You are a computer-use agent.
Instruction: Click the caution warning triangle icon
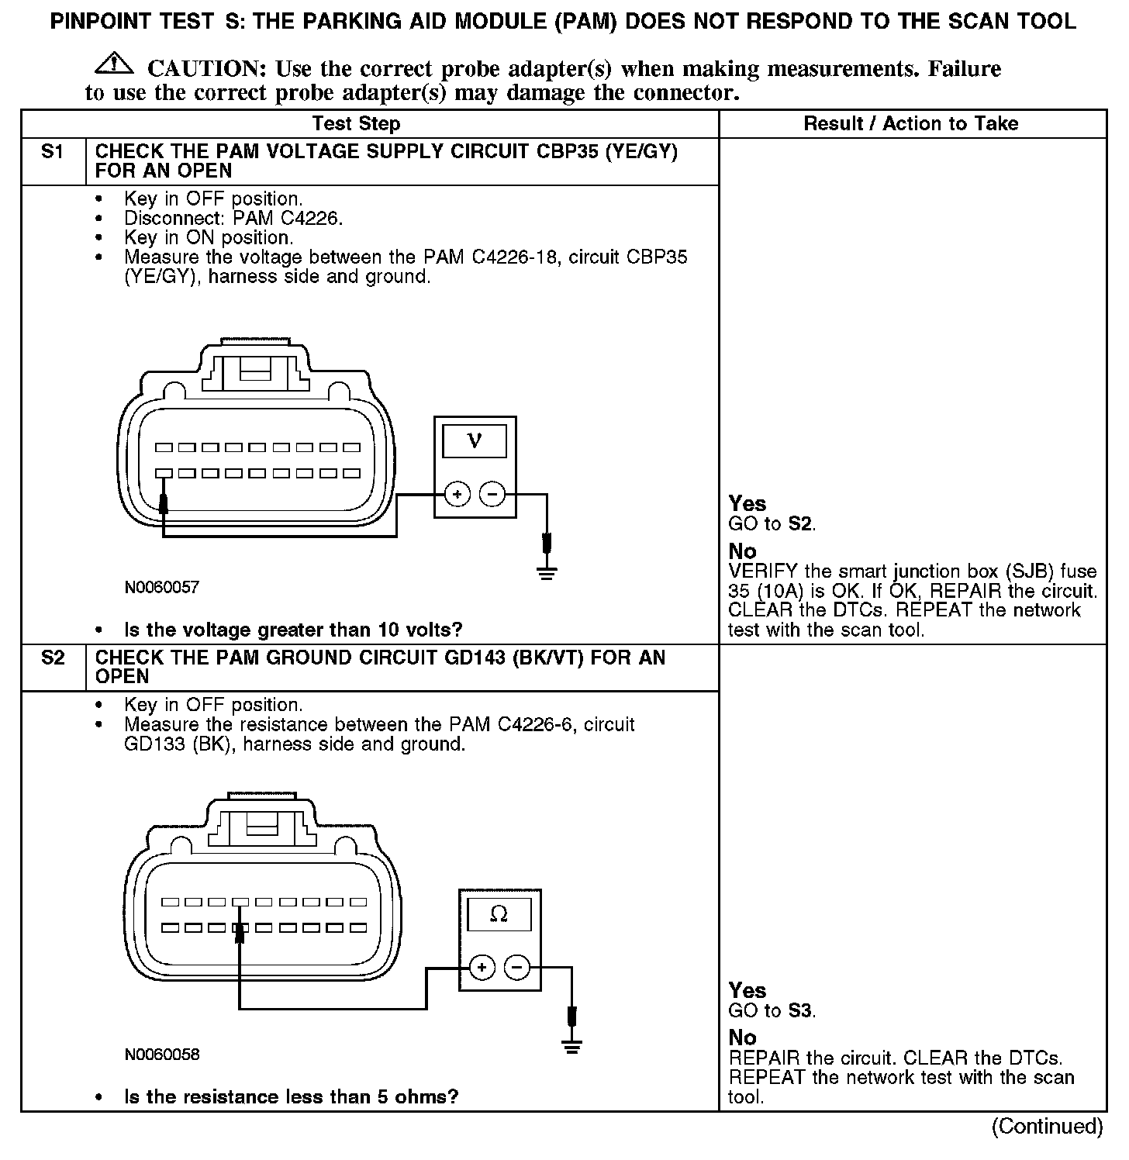point(112,64)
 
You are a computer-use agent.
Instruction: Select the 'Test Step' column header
point(356,124)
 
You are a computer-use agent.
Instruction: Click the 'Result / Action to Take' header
point(910,124)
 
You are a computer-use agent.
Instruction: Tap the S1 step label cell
point(52,153)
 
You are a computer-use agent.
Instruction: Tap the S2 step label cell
point(52,658)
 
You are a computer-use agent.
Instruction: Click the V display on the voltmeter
point(475,440)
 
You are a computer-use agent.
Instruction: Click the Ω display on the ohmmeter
point(499,915)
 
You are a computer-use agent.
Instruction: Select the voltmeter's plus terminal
point(457,494)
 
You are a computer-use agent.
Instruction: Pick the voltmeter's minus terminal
point(492,494)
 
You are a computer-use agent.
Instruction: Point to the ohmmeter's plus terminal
point(482,967)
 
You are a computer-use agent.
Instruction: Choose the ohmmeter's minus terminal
point(517,967)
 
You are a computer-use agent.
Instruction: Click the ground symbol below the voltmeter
point(547,573)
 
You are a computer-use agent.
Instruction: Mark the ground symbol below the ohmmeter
point(572,1047)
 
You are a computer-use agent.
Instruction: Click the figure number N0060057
point(161,588)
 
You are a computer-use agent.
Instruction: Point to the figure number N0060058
point(161,1055)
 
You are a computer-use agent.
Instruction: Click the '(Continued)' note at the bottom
point(1047,1126)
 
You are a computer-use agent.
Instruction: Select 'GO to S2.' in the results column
point(772,524)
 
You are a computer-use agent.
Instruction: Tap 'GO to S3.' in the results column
point(772,1011)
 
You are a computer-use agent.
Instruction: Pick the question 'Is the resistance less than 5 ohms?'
point(291,1096)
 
